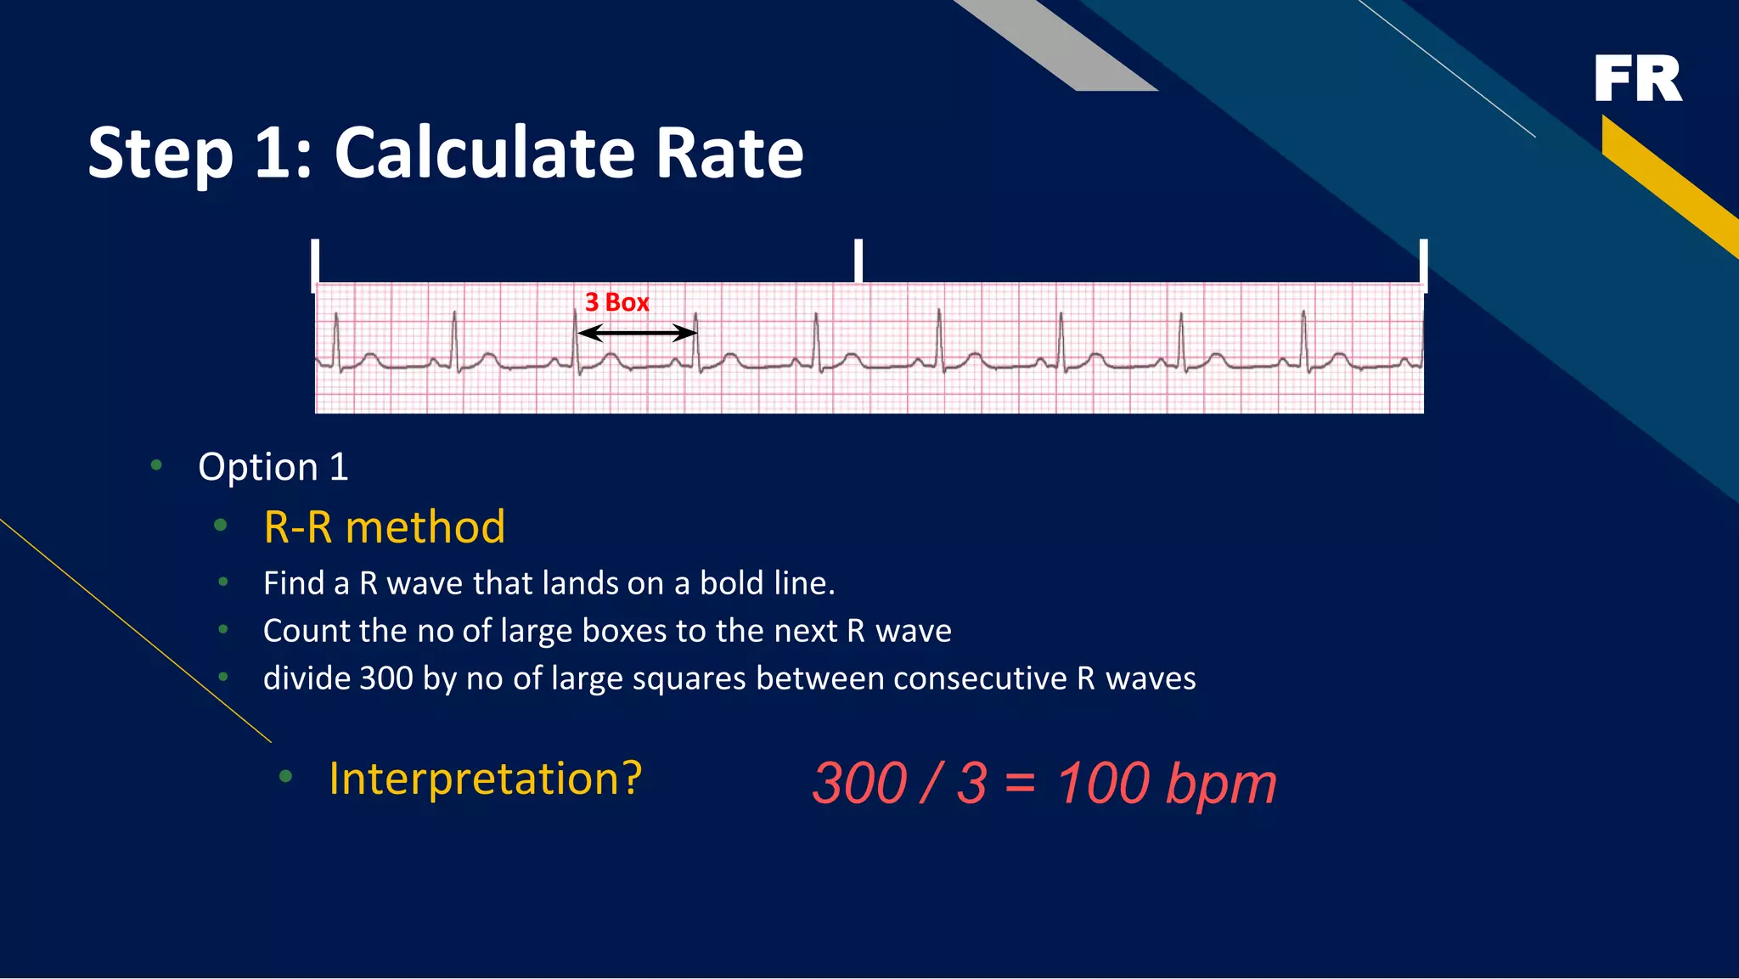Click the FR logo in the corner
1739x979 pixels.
[x=1637, y=79]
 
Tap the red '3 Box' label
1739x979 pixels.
[x=616, y=302]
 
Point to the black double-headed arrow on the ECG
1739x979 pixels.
[x=637, y=333]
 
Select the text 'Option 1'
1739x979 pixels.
[x=273, y=467]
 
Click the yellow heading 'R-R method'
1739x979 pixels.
[x=384, y=527]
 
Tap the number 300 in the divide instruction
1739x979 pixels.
[x=386, y=678]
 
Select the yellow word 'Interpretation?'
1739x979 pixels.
[x=485, y=779]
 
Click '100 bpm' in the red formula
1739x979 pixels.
[x=1166, y=783]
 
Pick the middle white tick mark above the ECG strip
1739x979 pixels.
[x=858, y=261]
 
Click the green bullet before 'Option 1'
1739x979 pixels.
[x=156, y=464]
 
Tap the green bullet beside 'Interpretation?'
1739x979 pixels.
[x=285, y=776]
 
